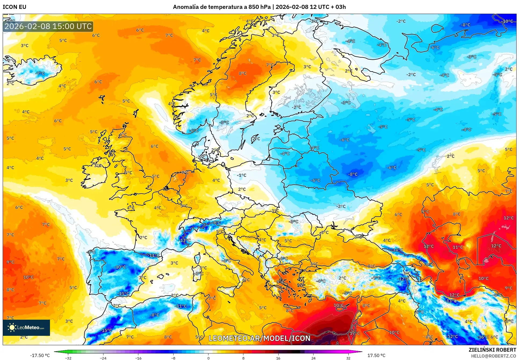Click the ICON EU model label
[x=15, y=7]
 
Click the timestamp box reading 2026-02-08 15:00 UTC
[x=48, y=26]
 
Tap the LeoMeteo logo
[x=26, y=327]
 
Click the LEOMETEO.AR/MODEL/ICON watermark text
[x=259, y=338]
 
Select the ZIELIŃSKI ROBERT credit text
[x=492, y=350]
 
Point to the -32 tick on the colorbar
[x=68, y=358]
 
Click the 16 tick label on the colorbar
[x=278, y=358]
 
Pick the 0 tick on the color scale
[x=208, y=358]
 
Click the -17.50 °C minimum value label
[x=40, y=355]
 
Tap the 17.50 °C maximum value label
[x=376, y=355]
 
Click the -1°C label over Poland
[x=242, y=175]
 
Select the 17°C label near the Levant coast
[x=355, y=333]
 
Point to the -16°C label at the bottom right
[x=483, y=337]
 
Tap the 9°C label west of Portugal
[x=10, y=262]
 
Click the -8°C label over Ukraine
[x=353, y=174]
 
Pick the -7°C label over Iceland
[x=40, y=73]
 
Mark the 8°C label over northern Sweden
[x=243, y=73]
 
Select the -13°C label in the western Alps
[x=185, y=240]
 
